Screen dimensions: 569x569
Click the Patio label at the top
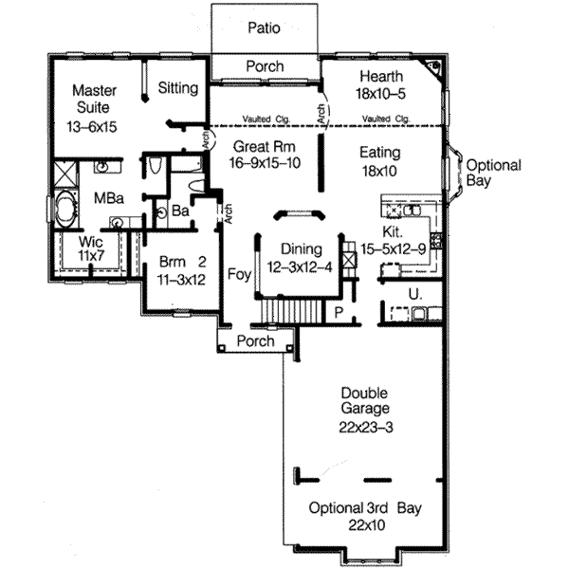point(265,28)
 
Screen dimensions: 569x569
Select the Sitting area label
point(177,88)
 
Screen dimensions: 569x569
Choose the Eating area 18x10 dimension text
point(380,173)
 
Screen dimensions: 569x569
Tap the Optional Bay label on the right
point(492,174)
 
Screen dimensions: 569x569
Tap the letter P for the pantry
point(338,311)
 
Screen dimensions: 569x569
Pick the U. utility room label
point(413,294)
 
